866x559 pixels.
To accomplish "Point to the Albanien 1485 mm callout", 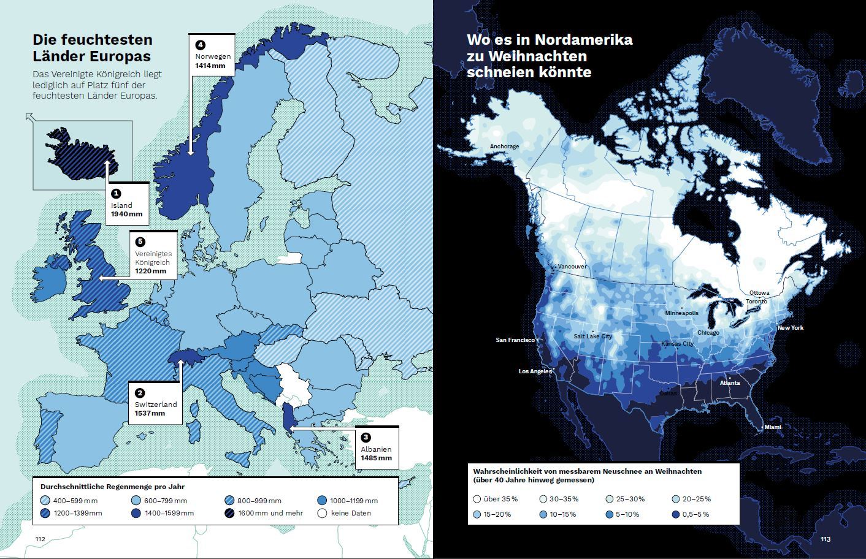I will (x=376, y=447).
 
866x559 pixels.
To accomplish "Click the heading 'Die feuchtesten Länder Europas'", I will (x=92, y=48).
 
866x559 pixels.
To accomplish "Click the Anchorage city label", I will (x=504, y=146).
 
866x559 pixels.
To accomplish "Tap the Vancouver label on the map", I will (x=572, y=267).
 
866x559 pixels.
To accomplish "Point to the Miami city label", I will (x=772, y=427).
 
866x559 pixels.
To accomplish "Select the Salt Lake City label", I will (x=592, y=337).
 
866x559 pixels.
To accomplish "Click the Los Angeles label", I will (x=535, y=371).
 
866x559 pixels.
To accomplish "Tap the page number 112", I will (x=40, y=539).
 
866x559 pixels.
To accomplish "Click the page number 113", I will (x=825, y=539).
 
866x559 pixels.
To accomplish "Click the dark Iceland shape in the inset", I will (x=80, y=151).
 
